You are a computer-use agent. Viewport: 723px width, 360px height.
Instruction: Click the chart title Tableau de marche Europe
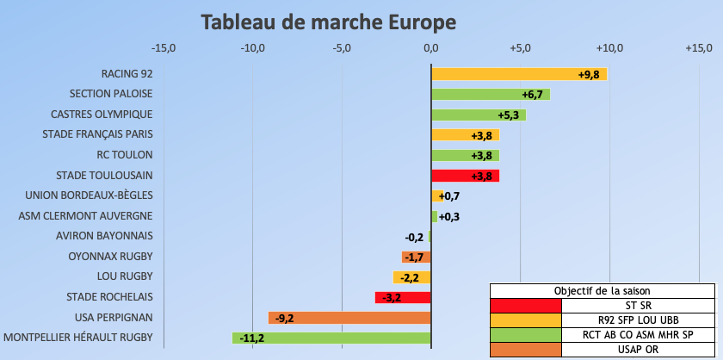coord(328,21)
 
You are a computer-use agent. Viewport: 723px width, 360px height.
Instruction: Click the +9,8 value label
coord(589,74)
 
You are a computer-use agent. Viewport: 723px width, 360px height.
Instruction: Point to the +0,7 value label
coord(449,196)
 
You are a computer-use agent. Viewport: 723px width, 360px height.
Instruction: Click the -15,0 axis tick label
coord(163,47)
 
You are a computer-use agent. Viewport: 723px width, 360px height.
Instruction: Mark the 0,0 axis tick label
coord(431,47)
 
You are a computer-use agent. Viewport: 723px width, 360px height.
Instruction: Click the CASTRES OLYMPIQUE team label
coord(102,115)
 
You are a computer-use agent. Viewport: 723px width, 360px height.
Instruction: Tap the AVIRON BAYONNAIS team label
coord(104,236)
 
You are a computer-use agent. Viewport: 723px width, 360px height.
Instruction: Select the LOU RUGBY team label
coord(126,276)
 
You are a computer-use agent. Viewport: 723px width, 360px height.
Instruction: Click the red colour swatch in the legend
coord(525,306)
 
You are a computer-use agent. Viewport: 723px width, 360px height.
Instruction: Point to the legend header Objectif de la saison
coord(602,290)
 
